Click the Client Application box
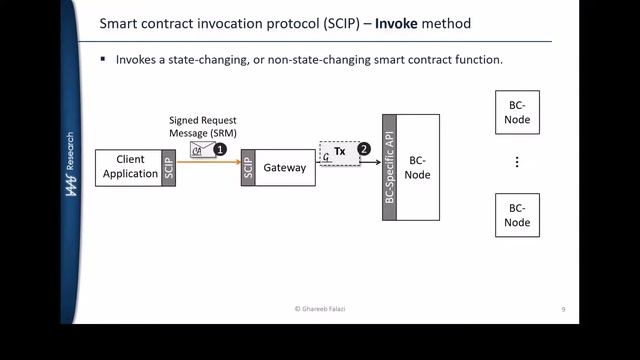pyautogui.click(x=130, y=167)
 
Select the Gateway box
pyautogui.click(x=284, y=168)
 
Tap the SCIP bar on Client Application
pyautogui.click(x=168, y=167)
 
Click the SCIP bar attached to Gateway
pyautogui.click(x=248, y=168)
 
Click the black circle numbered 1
pyautogui.click(x=221, y=148)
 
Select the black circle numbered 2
pyautogui.click(x=363, y=148)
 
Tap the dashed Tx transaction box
pyautogui.click(x=337, y=152)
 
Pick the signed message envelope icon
pyautogui.click(x=202, y=150)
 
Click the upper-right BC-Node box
pyautogui.click(x=517, y=113)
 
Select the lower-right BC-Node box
pyautogui.click(x=517, y=215)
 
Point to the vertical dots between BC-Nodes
pyautogui.click(x=517, y=162)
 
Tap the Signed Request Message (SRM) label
pyautogui.click(x=202, y=127)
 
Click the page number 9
pyautogui.click(x=563, y=310)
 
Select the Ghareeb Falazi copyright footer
pyautogui.click(x=320, y=310)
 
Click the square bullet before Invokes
pyautogui.click(x=103, y=60)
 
